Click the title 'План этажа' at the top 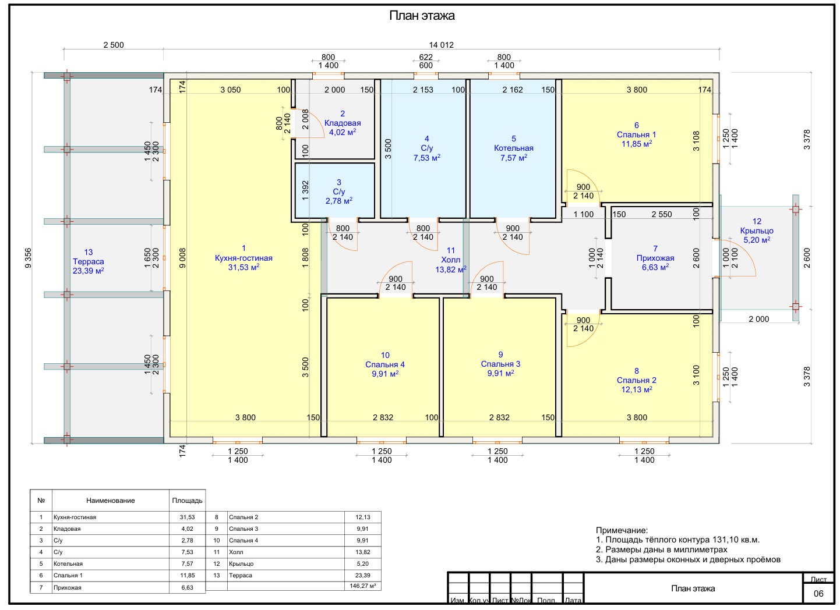point(422,16)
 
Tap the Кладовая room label point(343,123)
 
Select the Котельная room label point(513,148)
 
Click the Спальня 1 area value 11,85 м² point(636,144)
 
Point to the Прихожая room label point(655,258)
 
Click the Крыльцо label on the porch point(757,231)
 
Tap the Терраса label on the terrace point(88,261)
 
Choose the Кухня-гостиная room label point(243,258)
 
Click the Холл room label point(450,260)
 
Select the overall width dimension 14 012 point(441,45)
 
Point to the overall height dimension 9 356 point(29,258)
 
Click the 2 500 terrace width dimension point(113,45)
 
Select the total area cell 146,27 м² point(362,586)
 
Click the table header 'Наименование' point(110,501)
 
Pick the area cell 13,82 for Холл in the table point(362,552)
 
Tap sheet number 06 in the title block point(818,594)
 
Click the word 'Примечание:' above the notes point(622,531)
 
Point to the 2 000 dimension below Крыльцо point(758,319)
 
